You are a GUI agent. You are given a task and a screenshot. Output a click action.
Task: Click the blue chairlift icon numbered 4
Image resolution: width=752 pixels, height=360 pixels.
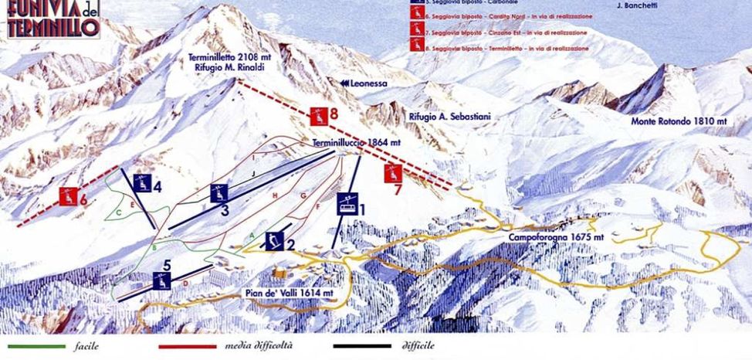[x=141, y=183]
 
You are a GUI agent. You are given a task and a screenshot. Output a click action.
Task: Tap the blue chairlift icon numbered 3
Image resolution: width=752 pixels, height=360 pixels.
[x=218, y=194]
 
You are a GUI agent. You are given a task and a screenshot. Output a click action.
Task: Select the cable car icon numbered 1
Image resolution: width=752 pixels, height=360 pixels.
[x=347, y=203]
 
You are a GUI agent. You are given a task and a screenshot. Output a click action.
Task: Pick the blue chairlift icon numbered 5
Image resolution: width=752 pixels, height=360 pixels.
[x=161, y=280]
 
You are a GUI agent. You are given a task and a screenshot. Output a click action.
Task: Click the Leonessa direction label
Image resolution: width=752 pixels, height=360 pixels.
[x=361, y=83]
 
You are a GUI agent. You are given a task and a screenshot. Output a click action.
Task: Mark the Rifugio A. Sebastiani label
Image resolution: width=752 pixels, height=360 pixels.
[x=450, y=116]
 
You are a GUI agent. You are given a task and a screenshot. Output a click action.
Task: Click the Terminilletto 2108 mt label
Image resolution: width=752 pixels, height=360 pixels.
[x=227, y=58]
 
